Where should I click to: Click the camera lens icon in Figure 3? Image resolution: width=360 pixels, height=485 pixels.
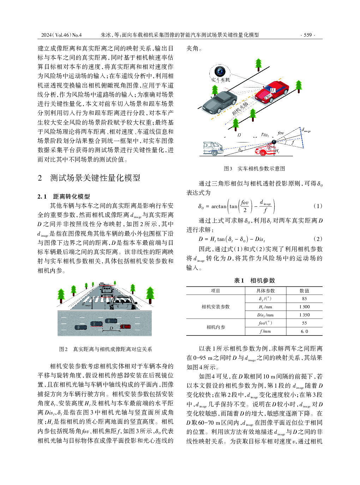[221, 71]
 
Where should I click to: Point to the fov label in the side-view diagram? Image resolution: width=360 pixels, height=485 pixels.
[281, 133]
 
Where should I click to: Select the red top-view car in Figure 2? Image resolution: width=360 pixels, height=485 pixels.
[125, 326]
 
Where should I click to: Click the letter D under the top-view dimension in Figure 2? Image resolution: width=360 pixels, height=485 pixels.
[111, 328]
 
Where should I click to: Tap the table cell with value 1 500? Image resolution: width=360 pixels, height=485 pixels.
[304, 307]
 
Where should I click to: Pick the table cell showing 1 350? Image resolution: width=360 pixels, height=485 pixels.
[304, 315]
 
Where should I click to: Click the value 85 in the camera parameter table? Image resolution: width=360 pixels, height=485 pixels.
[304, 299]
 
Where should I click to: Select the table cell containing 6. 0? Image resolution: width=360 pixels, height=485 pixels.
[304, 331]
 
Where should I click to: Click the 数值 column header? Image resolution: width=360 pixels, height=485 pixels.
[304, 291]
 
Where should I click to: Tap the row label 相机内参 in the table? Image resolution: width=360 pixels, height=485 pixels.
[216, 327]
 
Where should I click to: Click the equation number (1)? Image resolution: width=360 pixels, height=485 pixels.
[318, 206]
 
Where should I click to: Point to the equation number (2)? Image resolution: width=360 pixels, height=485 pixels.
[318, 239]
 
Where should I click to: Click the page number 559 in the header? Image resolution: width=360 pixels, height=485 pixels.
[308, 35]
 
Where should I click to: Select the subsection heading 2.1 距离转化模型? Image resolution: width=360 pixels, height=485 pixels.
[64, 196]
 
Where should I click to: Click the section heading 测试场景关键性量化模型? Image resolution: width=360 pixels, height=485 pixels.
[95, 178]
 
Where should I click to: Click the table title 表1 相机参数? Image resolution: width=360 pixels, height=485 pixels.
[254, 280]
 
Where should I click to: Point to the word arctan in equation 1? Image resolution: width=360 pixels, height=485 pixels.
[219, 206]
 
